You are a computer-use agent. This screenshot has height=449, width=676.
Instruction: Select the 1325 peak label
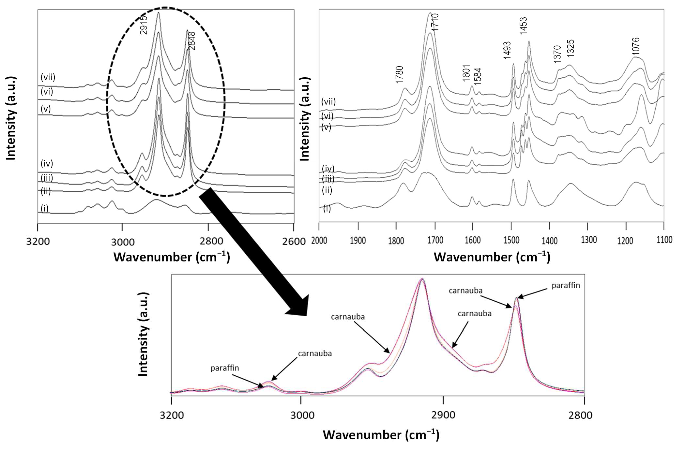(570, 48)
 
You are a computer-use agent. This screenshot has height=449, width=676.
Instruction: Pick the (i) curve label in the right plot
(327, 208)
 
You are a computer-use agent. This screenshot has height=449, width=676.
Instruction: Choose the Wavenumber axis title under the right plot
(492, 257)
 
